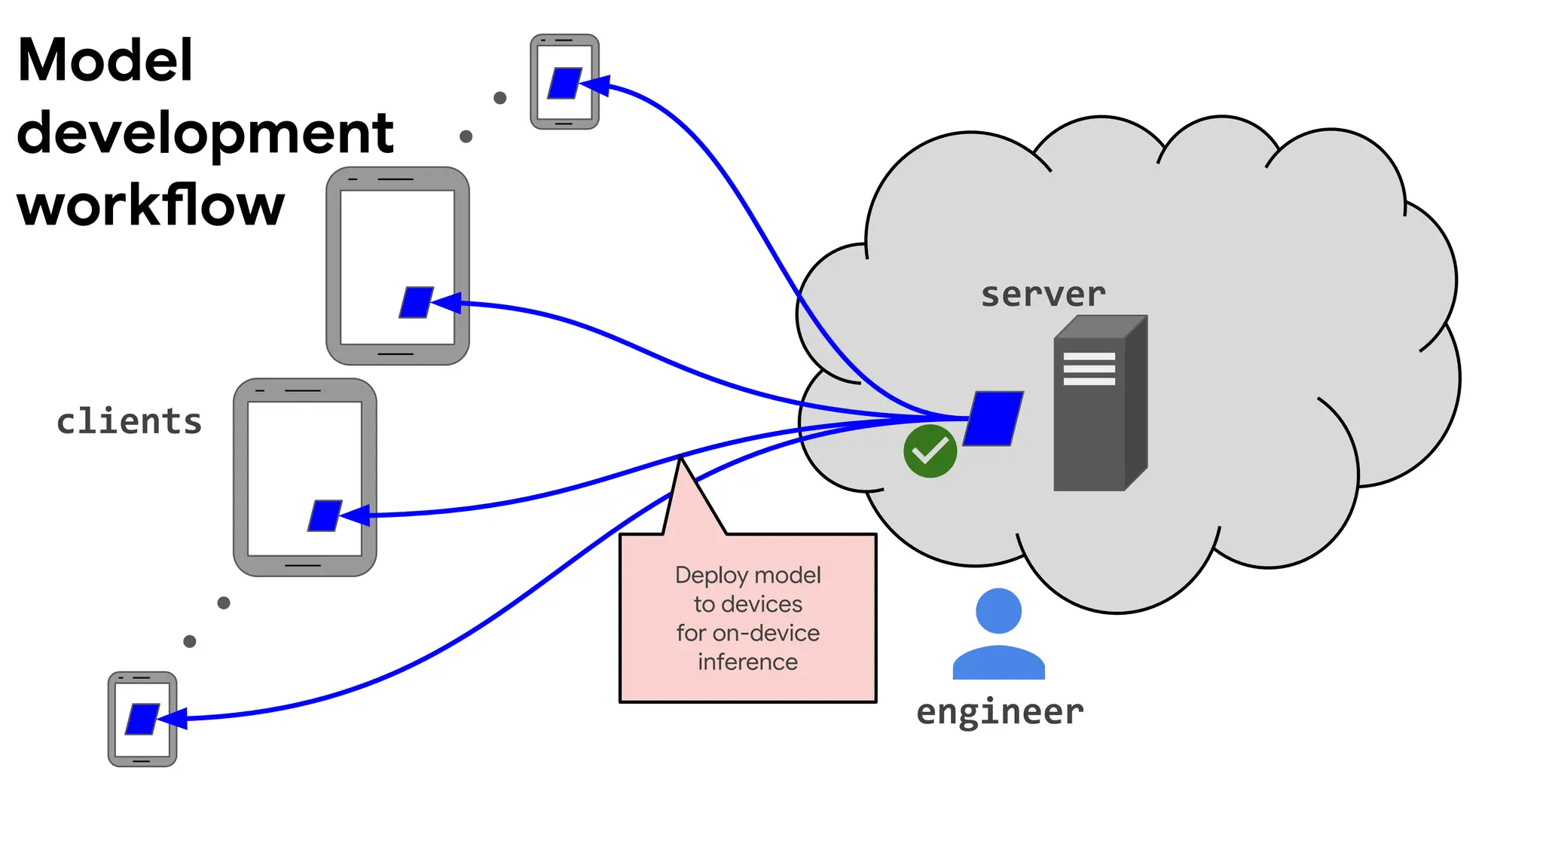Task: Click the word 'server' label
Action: click(x=1043, y=295)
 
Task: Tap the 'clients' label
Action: click(x=129, y=421)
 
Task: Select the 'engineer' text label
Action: click(x=1000, y=712)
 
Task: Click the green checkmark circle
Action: click(x=930, y=451)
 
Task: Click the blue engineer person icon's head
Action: click(x=998, y=611)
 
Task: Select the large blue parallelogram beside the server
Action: click(x=993, y=418)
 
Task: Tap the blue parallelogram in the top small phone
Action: click(x=564, y=83)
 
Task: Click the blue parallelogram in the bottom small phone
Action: click(x=142, y=719)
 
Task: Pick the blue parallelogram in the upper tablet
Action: click(x=416, y=302)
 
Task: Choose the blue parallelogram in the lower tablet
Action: click(x=325, y=516)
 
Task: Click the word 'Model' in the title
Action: click(x=105, y=60)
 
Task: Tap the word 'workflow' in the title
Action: click(x=151, y=205)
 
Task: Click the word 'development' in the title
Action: click(x=205, y=133)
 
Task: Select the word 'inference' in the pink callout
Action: click(x=747, y=662)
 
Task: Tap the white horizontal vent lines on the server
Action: click(x=1089, y=369)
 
